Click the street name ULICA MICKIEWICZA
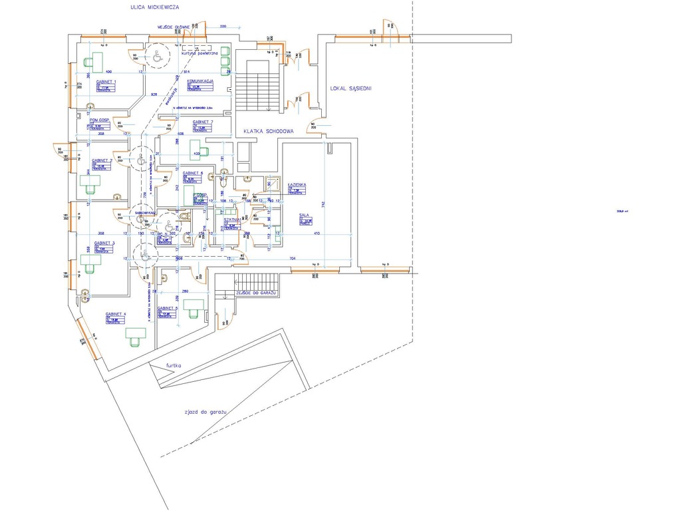pyautogui.click(x=155, y=7)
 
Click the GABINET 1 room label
pyautogui.click(x=106, y=81)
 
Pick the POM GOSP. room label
pyautogui.click(x=100, y=120)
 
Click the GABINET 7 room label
pyautogui.click(x=202, y=122)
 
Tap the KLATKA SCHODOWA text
pyautogui.click(x=268, y=131)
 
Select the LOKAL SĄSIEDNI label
pyautogui.click(x=350, y=88)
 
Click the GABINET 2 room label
pyautogui.click(x=102, y=161)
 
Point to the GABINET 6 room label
pyautogui.click(x=193, y=173)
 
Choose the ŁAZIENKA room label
pyautogui.click(x=297, y=184)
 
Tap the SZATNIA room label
pyautogui.click(x=231, y=219)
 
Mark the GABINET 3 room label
pyautogui.click(x=104, y=243)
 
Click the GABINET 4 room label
pyautogui.click(x=115, y=313)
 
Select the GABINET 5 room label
pyautogui.click(x=168, y=309)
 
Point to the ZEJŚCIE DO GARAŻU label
pyautogui.click(x=255, y=293)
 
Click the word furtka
pyautogui.click(x=174, y=366)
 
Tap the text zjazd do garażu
pyautogui.click(x=206, y=413)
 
